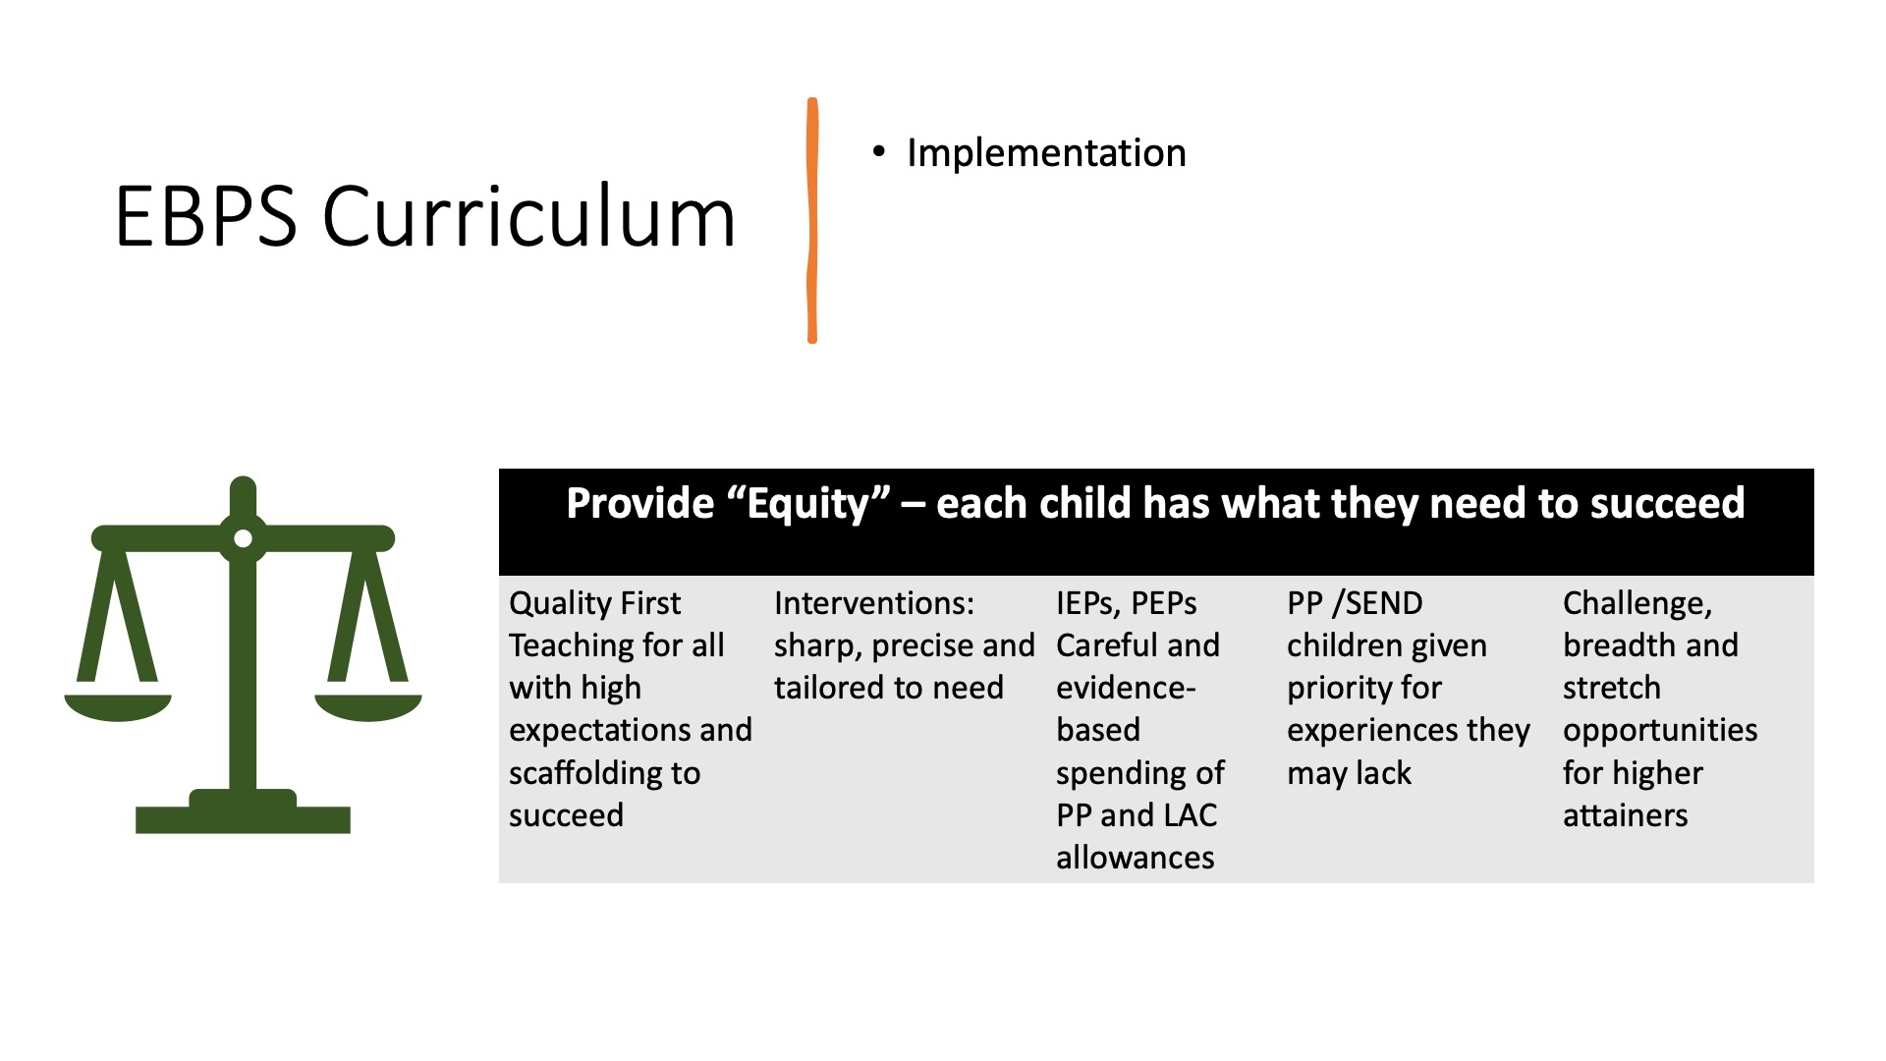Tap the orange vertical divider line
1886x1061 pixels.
812,220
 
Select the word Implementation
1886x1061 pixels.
1046,153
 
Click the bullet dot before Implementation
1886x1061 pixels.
879,151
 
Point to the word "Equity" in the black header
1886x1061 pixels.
808,504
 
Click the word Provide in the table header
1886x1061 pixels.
640,504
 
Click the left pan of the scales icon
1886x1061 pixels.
118,707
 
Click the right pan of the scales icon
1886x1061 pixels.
368,707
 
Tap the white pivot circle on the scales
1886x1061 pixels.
244,538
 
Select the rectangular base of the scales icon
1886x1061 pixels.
243,819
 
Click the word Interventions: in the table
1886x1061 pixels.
874,603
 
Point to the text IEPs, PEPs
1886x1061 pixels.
1127,603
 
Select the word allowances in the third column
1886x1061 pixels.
1136,858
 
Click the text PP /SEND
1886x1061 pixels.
1355,603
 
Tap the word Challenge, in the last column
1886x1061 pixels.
1637,603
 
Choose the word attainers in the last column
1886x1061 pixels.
1626,815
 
